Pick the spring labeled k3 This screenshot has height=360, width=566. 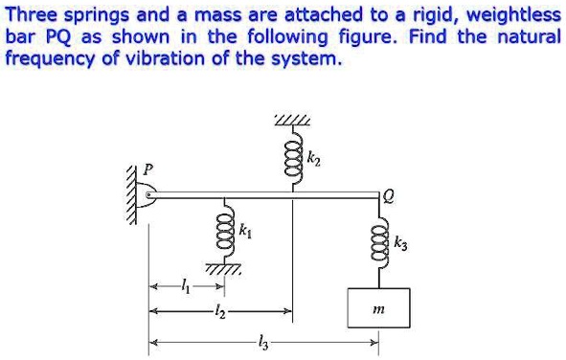coord(380,242)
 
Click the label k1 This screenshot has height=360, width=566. coord(245,231)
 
